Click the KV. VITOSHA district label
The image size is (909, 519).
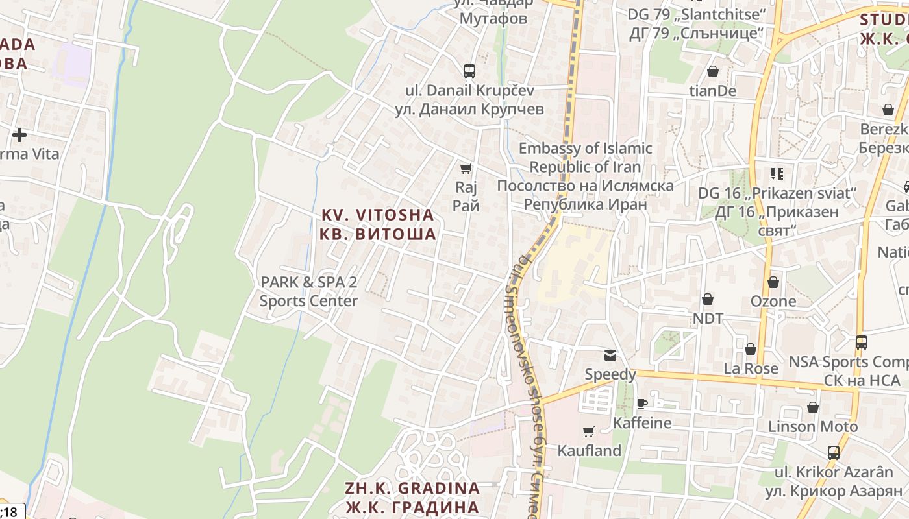[377, 224]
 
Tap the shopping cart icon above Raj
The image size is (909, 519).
[466, 169]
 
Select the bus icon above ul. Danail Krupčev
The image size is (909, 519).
[469, 71]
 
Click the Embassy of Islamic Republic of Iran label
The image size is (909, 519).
[585, 176]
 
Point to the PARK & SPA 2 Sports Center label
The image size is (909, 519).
[308, 291]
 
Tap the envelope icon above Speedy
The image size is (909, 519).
[610, 355]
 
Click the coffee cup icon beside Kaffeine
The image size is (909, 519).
[641, 404]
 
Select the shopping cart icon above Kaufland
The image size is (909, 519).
[589, 431]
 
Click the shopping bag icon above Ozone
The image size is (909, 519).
[773, 282]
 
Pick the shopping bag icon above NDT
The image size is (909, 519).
[707, 299]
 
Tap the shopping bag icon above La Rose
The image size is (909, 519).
[751, 349]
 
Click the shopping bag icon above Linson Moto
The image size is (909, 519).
[812, 407]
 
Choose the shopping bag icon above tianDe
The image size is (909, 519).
[712, 71]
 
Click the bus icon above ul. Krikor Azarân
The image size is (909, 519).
[833, 452]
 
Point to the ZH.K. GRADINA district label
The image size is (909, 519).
[412, 497]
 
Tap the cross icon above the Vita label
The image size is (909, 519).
[19, 135]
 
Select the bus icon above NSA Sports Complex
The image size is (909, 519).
[861, 342]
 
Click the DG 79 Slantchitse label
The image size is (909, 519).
[697, 23]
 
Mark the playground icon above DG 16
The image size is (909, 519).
[777, 173]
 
